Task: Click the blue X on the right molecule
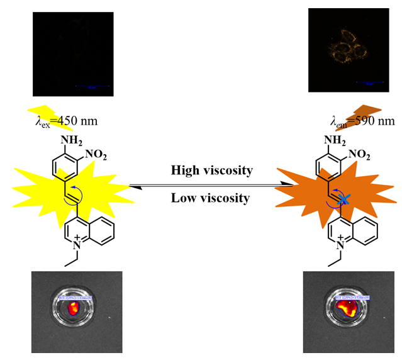coord(344,200)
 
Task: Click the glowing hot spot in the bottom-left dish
coord(73,307)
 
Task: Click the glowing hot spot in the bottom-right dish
coord(345,308)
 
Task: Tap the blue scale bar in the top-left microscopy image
coord(92,86)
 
